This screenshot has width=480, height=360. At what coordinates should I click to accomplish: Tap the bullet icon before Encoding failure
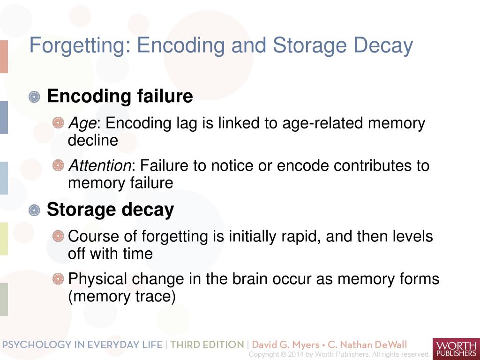(34, 97)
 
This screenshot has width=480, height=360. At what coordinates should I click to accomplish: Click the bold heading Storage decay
(110, 210)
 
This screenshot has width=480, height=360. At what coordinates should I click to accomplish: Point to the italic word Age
(82, 124)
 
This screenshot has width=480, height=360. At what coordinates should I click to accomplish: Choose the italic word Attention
(99, 166)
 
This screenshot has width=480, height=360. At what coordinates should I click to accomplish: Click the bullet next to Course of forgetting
(58, 236)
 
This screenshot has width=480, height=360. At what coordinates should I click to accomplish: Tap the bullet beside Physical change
(58, 279)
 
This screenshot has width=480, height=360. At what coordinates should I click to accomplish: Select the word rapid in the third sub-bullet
(301, 236)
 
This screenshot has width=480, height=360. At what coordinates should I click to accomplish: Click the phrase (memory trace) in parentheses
(122, 297)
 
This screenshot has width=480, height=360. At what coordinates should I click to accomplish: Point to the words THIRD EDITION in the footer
(207, 345)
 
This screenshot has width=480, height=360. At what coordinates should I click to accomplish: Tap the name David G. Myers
(286, 345)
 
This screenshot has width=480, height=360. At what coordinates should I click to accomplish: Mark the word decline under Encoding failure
(93, 141)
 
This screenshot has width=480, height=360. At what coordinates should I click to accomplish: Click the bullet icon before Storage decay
(34, 210)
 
